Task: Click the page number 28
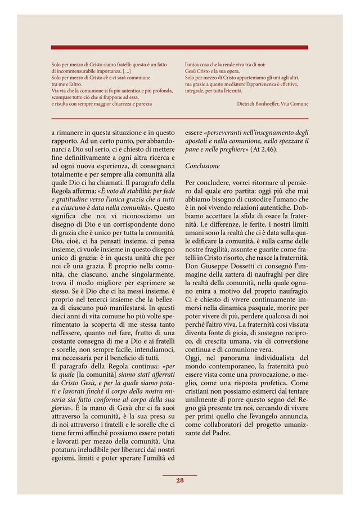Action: [180, 480]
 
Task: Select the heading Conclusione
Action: [202, 166]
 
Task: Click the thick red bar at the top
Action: [179, 48]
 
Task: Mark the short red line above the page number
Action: [180, 475]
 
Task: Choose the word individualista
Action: [268, 358]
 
